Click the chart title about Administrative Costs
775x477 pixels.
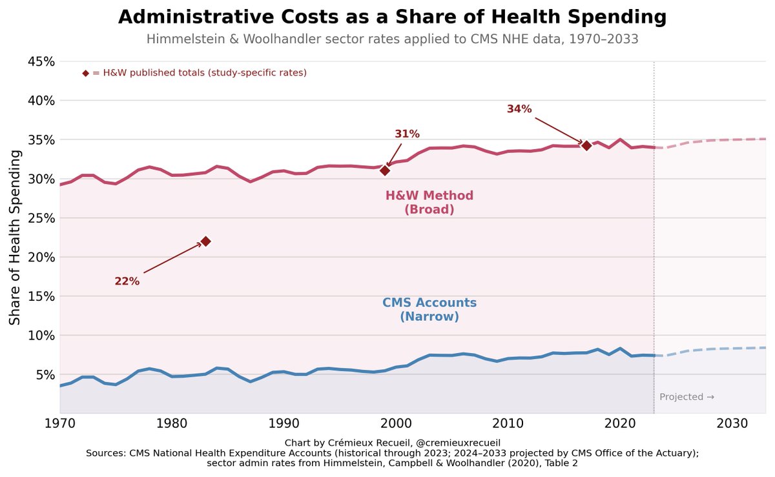[392, 17]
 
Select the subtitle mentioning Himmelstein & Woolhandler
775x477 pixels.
[392, 39]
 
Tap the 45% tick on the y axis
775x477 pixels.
[40, 62]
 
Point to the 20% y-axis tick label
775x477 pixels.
[40, 258]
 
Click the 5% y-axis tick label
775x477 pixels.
[43, 375]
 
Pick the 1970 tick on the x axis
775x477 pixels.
[60, 423]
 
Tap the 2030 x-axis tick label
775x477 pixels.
[732, 423]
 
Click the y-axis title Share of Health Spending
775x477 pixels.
[15, 238]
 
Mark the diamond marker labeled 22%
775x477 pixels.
[206, 241]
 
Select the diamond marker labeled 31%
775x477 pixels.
[385, 170]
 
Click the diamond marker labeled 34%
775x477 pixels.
[586, 145]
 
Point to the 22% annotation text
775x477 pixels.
[127, 281]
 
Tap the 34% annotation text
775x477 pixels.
[519, 109]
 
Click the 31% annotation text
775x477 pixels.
[407, 134]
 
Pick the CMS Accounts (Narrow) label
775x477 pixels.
[429, 310]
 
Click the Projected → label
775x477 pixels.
[687, 397]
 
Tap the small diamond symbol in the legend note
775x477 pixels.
[86, 73]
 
